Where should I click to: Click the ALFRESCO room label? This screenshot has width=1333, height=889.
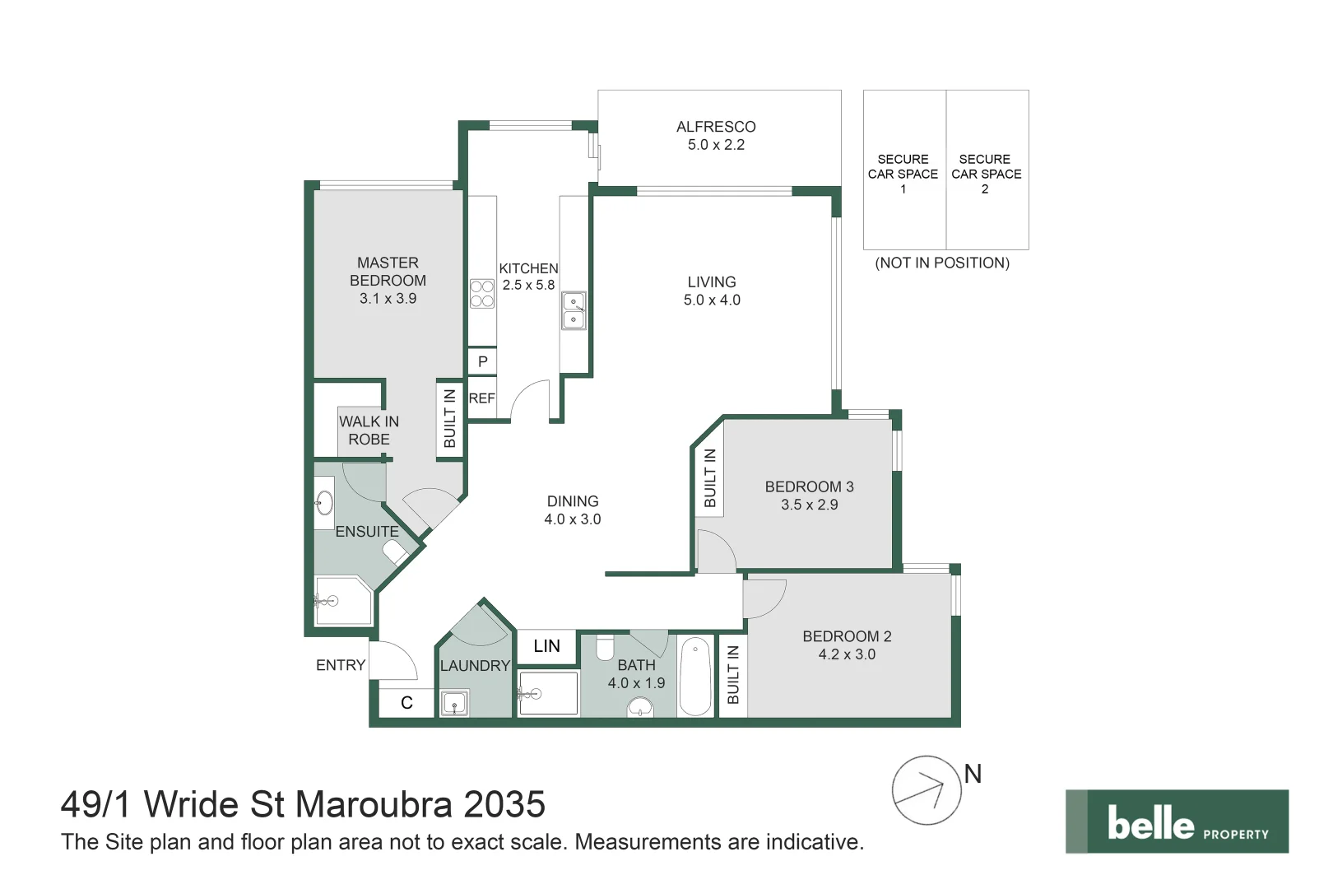coord(716,127)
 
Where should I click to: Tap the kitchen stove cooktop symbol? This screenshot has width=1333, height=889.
coord(482,294)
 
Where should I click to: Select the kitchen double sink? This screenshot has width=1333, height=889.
coord(574,310)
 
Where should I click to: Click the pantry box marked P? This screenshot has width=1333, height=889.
coord(482,361)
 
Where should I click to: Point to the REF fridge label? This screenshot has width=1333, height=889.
coord(481,398)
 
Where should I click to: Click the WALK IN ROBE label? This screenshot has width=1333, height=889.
coord(369,431)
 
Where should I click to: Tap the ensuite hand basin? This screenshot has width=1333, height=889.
coord(324,502)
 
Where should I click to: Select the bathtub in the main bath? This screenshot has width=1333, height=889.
coord(695,677)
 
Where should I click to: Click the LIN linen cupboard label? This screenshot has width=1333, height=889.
coord(547,646)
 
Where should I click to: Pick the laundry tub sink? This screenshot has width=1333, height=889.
coord(455,703)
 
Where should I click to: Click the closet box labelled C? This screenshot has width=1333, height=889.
coord(407,703)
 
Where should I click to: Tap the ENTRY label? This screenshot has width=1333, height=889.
coord(341,665)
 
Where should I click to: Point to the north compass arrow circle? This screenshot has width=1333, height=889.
coord(926,791)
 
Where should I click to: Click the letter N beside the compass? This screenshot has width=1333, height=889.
coord(973,774)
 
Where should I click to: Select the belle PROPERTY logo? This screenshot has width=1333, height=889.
coord(1177,822)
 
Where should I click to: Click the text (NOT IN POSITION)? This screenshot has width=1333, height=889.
coord(942,263)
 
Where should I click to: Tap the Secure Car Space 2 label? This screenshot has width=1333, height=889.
coord(986,174)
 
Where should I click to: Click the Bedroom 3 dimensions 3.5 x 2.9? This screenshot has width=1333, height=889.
coord(810,505)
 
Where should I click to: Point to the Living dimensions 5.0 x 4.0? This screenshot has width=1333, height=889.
coord(712,300)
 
